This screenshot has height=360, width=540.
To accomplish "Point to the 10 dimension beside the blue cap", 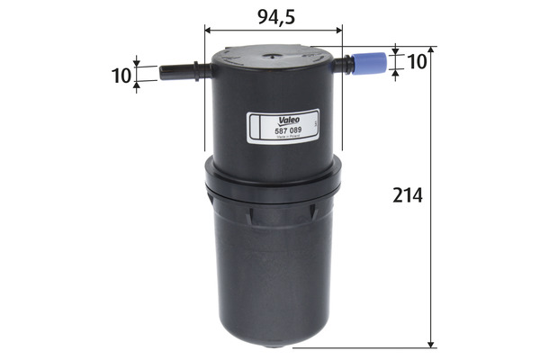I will pos(417,61).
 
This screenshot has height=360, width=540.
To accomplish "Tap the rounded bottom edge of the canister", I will pos(275,342).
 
